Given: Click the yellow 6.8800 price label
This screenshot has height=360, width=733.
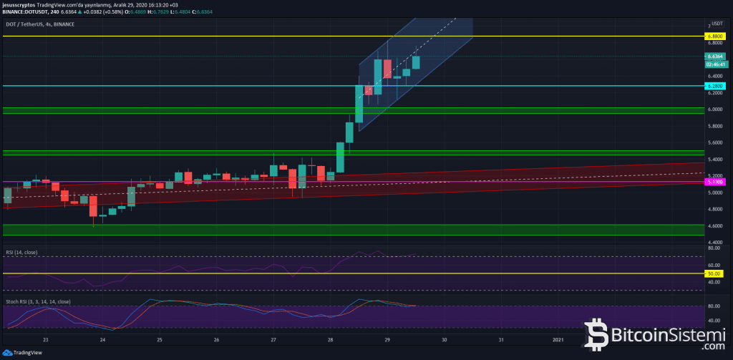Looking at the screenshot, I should (x=714, y=36).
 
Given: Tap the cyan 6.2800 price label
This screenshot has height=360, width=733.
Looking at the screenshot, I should (x=714, y=86).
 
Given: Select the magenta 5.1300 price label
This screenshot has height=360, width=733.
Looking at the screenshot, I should (x=714, y=183).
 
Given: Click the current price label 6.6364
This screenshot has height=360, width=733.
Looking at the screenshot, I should (x=714, y=56).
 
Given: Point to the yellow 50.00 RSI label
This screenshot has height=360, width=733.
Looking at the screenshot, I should (x=714, y=273).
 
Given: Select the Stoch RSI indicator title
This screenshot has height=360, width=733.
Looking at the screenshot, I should (x=38, y=302).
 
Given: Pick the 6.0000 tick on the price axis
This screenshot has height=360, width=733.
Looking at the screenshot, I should (x=714, y=110).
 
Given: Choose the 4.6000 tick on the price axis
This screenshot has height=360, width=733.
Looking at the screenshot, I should (x=714, y=226).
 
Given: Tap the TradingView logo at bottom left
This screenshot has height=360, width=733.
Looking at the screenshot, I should (x=23, y=352).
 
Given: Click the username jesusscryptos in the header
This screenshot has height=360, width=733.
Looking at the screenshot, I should (x=19, y=5).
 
